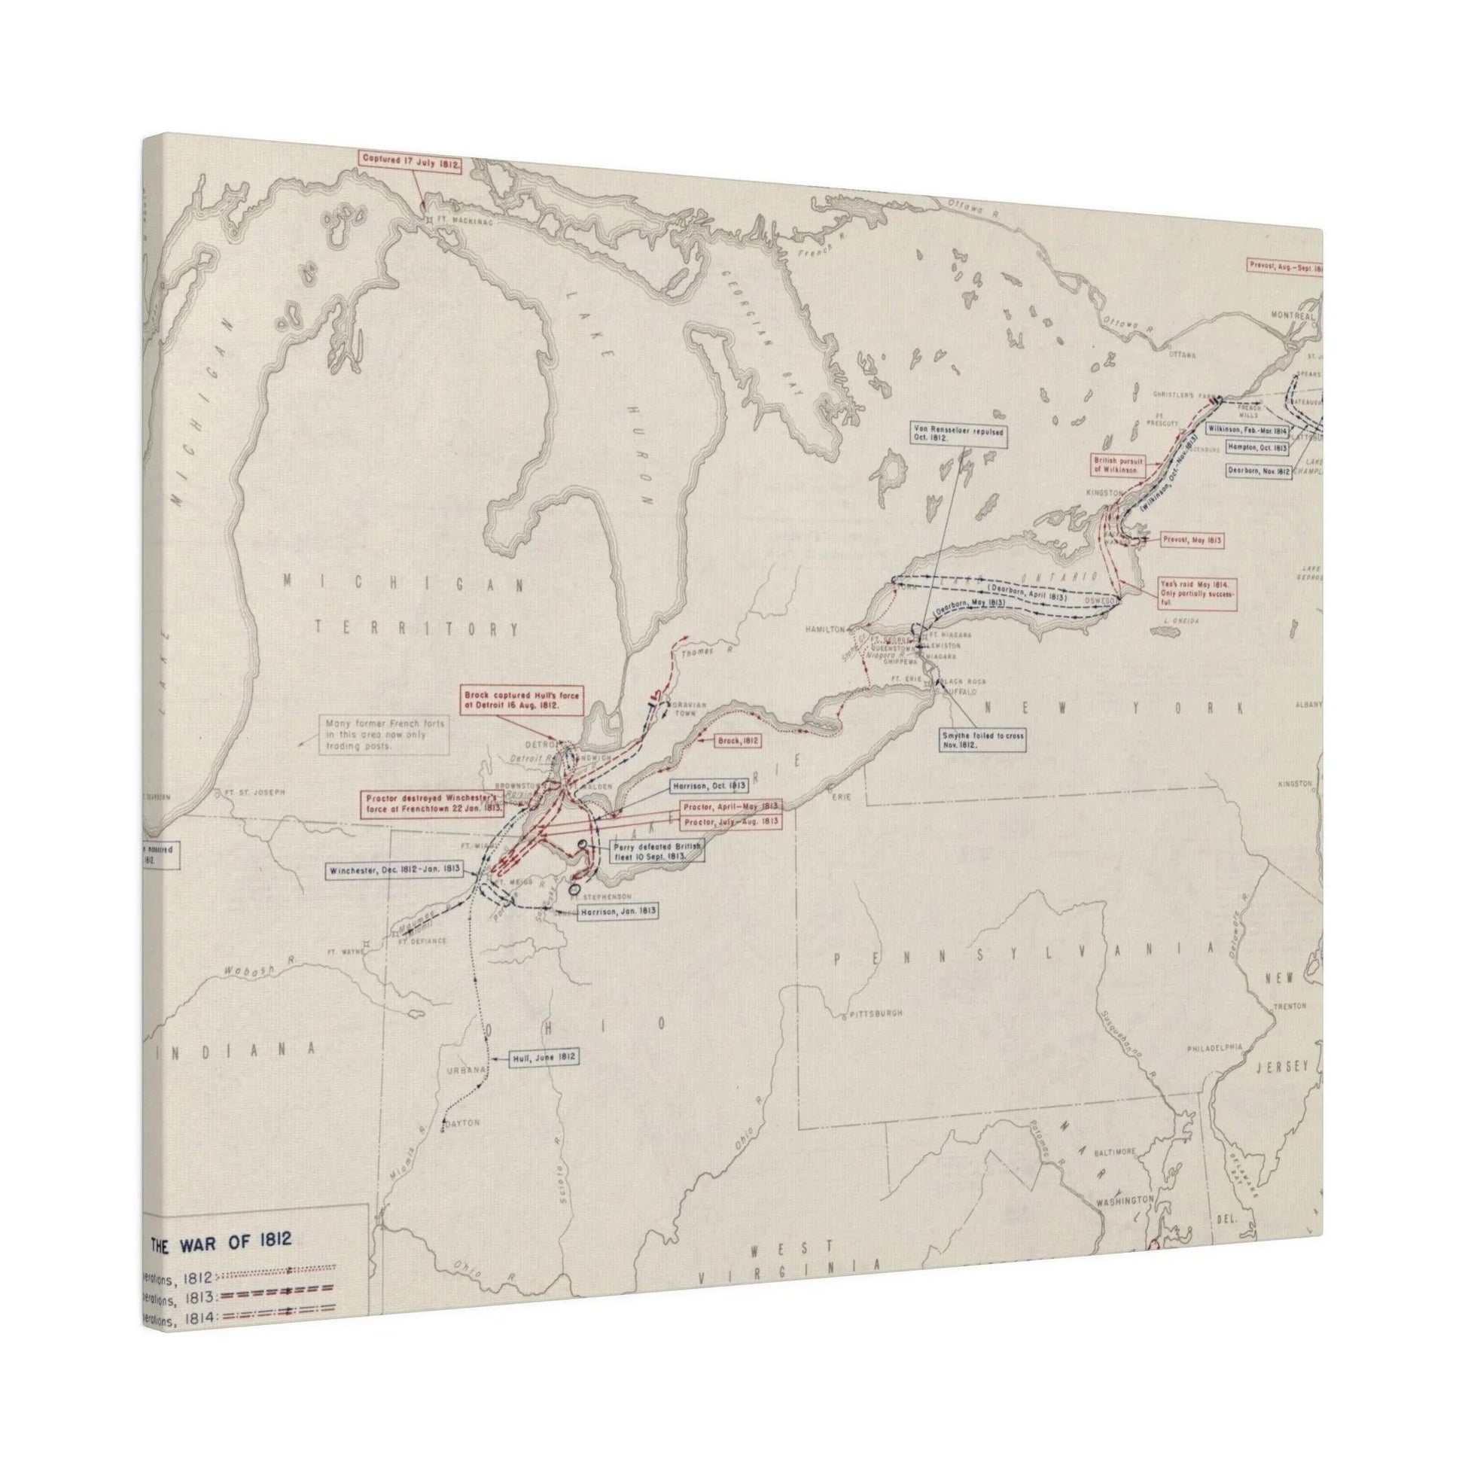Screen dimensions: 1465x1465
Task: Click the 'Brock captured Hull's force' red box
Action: coord(522,700)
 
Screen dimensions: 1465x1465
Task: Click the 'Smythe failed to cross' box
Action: coord(982,740)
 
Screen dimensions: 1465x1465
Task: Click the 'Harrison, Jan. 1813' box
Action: coord(617,912)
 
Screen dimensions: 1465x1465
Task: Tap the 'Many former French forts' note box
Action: coord(384,734)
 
